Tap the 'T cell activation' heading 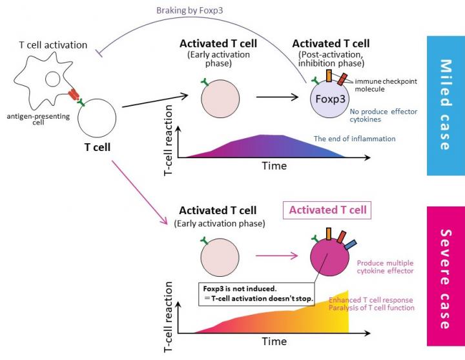pyautogui.click(x=53, y=45)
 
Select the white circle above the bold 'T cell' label pyautogui.click(x=97, y=118)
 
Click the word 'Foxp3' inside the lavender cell pyautogui.click(x=329, y=99)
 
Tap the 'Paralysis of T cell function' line pyautogui.click(x=371, y=308)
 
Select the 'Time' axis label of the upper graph pyautogui.click(x=274, y=166)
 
